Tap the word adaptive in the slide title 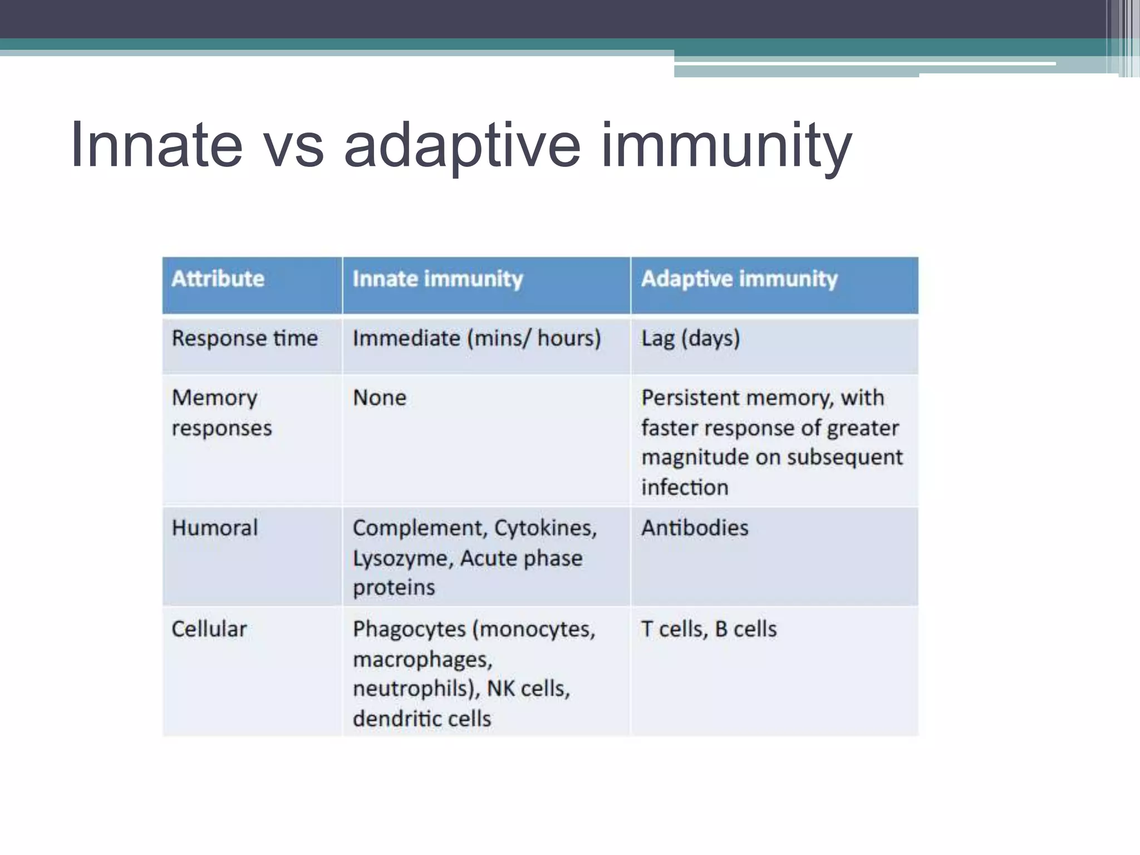(463, 146)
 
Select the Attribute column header (218, 278)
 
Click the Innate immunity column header (438, 278)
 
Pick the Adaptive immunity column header (739, 278)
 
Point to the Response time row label (244, 338)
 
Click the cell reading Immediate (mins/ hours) (476, 338)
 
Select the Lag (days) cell (690, 338)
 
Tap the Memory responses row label (221, 412)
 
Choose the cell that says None (380, 397)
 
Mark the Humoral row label (214, 528)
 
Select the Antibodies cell (695, 528)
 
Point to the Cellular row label (209, 629)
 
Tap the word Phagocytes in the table (409, 630)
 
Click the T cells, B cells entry (709, 629)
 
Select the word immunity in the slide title (726, 146)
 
